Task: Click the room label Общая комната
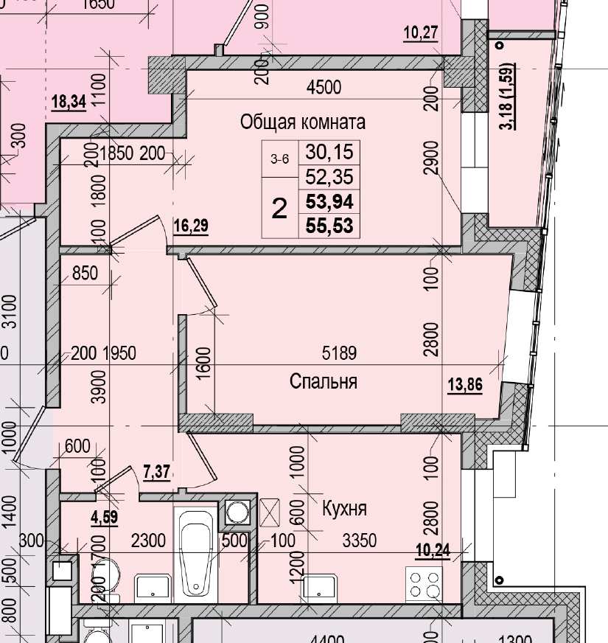[x=303, y=122]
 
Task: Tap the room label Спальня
[x=324, y=381]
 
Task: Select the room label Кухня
[x=344, y=508]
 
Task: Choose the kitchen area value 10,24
[x=432, y=551]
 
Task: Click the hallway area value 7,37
[x=156, y=473]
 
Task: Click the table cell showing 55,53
[x=329, y=225]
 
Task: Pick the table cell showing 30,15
[x=329, y=153]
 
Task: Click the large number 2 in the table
[x=279, y=209]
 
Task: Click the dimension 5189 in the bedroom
[x=339, y=354]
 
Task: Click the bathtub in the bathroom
[x=195, y=557]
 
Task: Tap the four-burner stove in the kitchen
[x=425, y=585]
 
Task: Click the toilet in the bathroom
[x=107, y=575]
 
